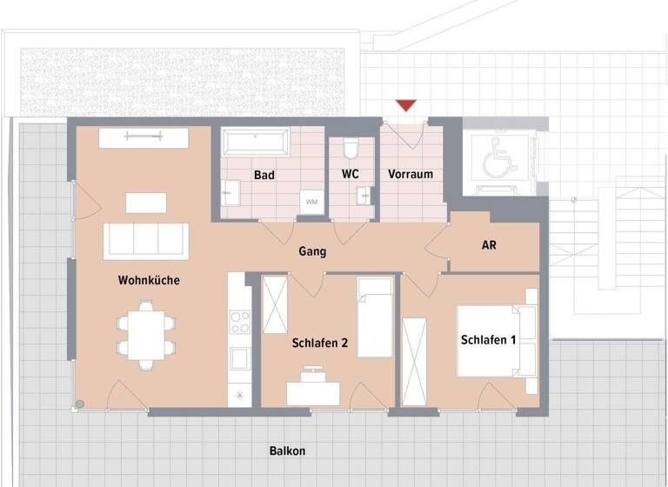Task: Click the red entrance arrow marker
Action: click(x=405, y=106)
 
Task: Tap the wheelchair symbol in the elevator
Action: click(x=499, y=157)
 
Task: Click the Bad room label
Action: click(x=264, y=175)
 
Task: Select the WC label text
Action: click(x=351, y=174)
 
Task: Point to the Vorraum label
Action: click(x=411, y=174)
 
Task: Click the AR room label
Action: click(x=489, y=245)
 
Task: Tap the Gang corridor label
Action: click(x=312, y=251)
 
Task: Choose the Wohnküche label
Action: click(x=149, y=280)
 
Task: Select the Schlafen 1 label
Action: click(x=488, y=340)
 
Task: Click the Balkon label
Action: click(x=287, y=451)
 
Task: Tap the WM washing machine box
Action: click(x=311, y=202)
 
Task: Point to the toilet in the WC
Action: click(x=351, y=150)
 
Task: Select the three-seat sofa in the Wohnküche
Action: click(x=146, y=241)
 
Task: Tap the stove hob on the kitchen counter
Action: click(x=239, y=323)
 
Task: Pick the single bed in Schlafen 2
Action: click(x=375, y=317)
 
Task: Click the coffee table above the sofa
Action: click(x=145, y=203)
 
